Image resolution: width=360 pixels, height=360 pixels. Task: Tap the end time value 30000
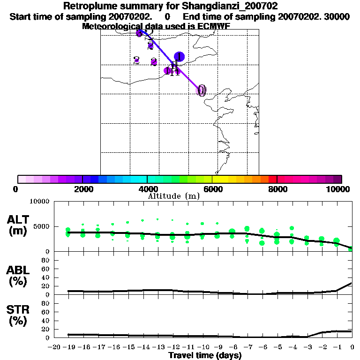pos(336,16)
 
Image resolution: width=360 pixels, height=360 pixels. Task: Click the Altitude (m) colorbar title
pos(173,196)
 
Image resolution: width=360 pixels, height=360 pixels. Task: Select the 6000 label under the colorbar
pos(212,189)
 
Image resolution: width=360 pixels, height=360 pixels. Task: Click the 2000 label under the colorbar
pos(82,189)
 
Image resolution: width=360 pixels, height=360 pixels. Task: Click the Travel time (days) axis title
pos(205,356)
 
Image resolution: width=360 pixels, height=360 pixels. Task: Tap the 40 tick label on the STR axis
pos(46,320)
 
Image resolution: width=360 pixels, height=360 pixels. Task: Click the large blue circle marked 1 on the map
pos(179,57)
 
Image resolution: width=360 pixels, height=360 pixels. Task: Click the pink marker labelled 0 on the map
pos(202,90)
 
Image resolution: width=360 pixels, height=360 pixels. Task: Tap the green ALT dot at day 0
pos(351,248)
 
